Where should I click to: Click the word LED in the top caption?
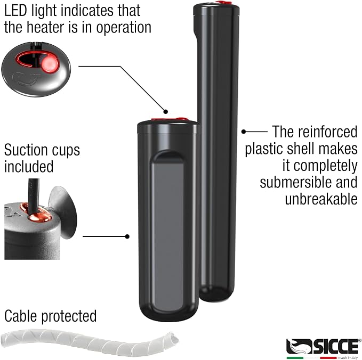click(15, 11)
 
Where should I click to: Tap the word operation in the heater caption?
click(124, 28)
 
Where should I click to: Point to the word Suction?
click(26, 150)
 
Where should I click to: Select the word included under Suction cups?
click(29, 167)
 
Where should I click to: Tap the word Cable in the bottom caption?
click(21, 316)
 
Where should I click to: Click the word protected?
click(69, 317)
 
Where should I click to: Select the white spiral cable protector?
click(90, 342)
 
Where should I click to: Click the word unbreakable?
click(321, 199)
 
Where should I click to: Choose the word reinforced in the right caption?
click(327, 132)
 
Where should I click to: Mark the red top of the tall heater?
click(223, 3)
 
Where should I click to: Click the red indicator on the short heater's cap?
click(170, 119)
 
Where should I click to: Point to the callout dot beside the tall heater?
click(244, 132)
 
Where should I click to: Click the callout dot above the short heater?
click(165, 112)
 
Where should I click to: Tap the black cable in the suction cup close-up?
click(33, 196)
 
